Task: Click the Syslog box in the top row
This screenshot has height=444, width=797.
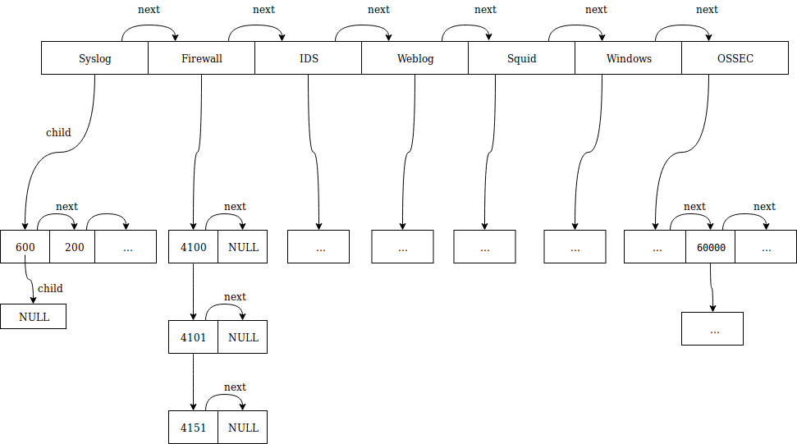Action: (94, 58)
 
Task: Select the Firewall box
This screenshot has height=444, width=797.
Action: (201, 58)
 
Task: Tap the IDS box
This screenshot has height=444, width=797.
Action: (308, 58)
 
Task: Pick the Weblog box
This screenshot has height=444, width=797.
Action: (415, 58)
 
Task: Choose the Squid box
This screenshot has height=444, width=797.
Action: (521, 58)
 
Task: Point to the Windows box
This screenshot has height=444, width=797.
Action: (628, 58)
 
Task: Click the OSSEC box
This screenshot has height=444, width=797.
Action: (735, 58)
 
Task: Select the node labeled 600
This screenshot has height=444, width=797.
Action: (25, 247)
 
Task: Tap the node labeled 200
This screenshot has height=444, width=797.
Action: (72, 247)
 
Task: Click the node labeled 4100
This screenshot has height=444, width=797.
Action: (193, 247)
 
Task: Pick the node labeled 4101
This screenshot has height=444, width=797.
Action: (193, 337)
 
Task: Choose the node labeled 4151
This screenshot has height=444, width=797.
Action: (193, 428)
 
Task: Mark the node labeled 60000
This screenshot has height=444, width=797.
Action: (710, 247)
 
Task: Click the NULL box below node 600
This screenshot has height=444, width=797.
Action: (33, 317)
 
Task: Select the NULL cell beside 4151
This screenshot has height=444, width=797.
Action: (243, 428)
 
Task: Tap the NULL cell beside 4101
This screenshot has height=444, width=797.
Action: (243, 337)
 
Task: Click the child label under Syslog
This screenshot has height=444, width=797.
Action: (58, 132)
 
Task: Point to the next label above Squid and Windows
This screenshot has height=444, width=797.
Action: (596, 10)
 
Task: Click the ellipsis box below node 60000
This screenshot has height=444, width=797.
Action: (712, 328)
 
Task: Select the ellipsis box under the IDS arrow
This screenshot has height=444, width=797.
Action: (318, 246)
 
